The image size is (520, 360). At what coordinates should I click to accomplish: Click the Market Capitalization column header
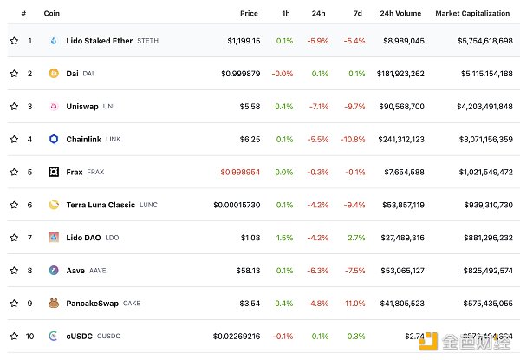coord(473,14)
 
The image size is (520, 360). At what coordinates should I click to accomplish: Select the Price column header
coord(249,14)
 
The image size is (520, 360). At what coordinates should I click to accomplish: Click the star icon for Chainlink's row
coord(14,139)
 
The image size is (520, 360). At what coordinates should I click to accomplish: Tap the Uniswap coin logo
coord(54,106)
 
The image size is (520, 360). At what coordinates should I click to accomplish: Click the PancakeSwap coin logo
coord(54,303)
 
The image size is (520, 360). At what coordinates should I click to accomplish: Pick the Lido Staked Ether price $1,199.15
coord(243,41)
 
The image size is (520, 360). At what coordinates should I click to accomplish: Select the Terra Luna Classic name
coord(101,205)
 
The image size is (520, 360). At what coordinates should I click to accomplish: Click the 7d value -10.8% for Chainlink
coord(353,139)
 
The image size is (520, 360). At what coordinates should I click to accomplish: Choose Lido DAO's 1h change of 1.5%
coord(284,237)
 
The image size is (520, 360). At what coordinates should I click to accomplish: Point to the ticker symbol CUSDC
coord(109,336)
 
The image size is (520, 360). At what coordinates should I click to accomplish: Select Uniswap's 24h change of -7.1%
coord(319,106)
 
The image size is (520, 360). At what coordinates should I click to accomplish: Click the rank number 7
coord(29,237)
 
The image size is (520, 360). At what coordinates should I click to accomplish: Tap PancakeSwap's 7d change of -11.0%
coord(353,303)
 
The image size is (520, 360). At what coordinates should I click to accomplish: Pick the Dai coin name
coord(73,74)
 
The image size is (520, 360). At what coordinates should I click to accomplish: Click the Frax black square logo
coord(54,172)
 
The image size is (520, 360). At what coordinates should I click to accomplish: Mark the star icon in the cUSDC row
coord(14,336)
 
